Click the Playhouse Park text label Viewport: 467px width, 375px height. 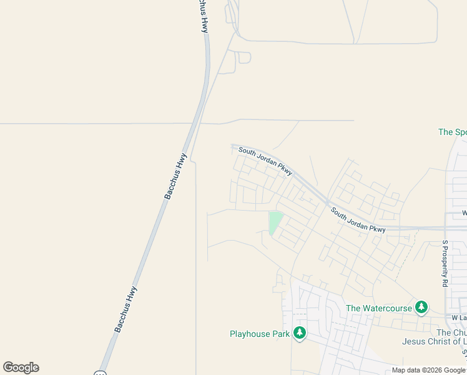(x=260, y=334)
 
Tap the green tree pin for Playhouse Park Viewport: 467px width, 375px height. (x=300, y=333)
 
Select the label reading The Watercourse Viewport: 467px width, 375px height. (x=379, y=308)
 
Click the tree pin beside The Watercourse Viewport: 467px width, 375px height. (x=422, y=307)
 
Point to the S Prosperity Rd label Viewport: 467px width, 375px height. (x=445, y=263)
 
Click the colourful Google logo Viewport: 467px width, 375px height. (x=21, y=367)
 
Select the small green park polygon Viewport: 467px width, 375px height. (x=274, y=222)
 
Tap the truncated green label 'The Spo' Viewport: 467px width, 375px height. (x=453, y=132)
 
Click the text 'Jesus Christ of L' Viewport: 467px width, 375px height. (x=434, y=341)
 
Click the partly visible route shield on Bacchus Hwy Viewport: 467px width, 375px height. (x=100, y=373)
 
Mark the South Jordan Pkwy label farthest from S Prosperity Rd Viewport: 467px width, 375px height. (x=265, y=161)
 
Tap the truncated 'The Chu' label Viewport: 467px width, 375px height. (x=451, y=332)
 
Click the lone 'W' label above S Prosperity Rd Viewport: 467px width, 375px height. (x=464, y=214)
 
